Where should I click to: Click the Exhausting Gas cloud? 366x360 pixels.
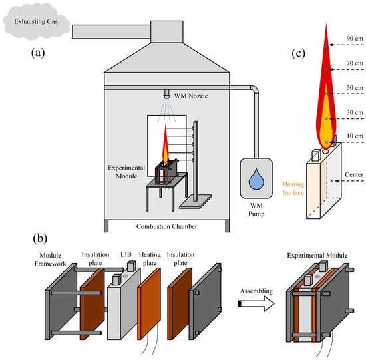tap(36, 21)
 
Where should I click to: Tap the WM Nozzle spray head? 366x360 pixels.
tap(167, 94)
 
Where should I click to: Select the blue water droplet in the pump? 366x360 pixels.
tap(256, 178)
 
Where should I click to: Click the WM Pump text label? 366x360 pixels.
tap(256, 210)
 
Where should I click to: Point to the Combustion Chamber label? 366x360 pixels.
tap(166, 226)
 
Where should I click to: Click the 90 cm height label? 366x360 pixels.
tap(355, 39)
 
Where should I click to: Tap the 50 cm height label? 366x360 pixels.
tap(355, 88)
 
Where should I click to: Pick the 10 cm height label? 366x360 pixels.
tap(355, 136)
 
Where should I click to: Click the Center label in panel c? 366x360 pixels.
tap(354, 174)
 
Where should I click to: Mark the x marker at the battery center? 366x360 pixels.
tap(332, 181)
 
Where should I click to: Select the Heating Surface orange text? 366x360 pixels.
tap(293, 188)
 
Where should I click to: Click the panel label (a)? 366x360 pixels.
tap(38, 53)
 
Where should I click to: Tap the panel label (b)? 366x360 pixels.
tap(40, 238)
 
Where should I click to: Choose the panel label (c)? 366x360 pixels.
tap(298, 53)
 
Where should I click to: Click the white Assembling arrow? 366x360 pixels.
tap(256, 304)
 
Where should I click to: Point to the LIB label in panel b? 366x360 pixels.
tap(126, 254)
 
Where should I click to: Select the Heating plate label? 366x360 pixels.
tap(150, 258)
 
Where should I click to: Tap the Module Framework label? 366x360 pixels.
tap(50, 259)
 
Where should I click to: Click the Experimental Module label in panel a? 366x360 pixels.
tap(126, 172)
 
